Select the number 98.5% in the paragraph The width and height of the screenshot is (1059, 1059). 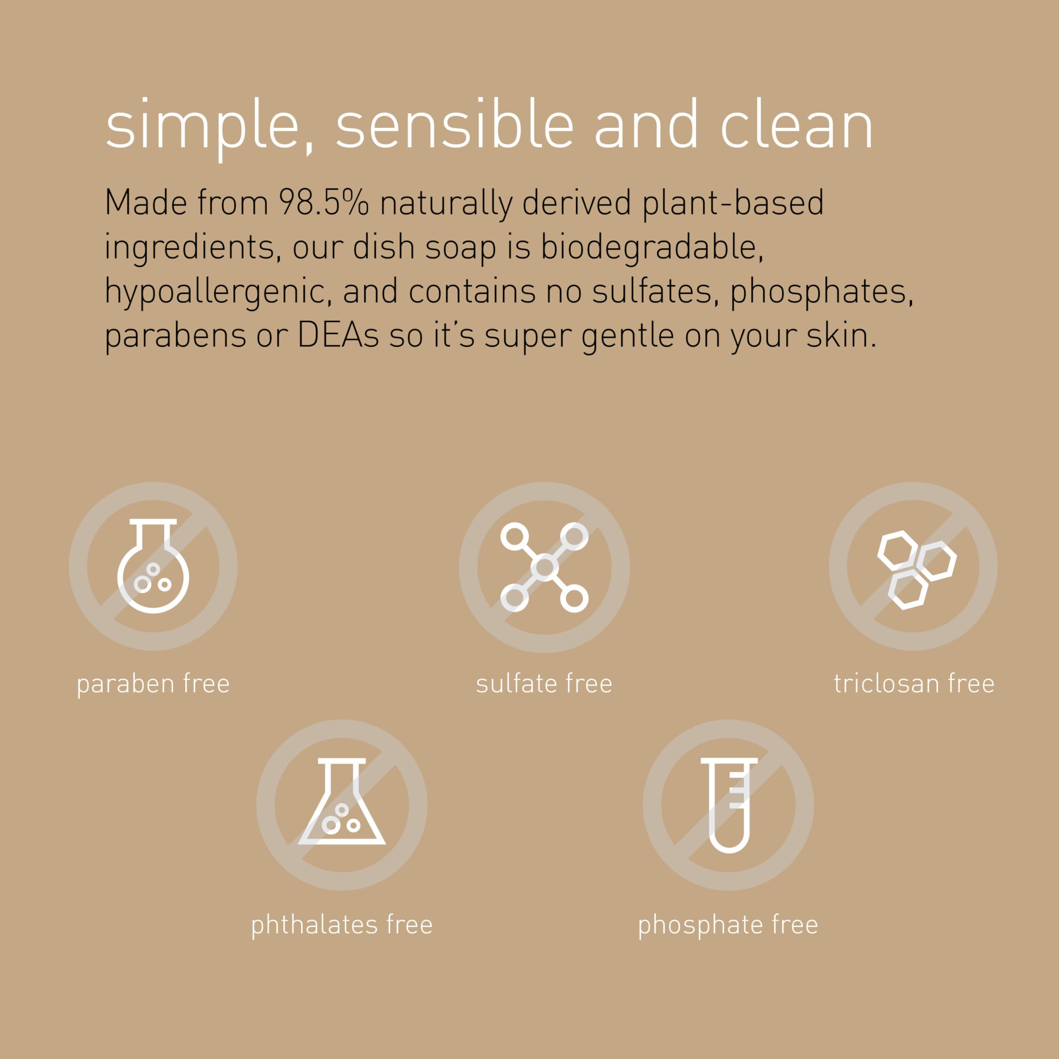point(324,203)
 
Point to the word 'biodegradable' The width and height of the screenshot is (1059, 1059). point(651,247)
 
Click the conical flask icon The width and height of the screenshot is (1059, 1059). point(342,802)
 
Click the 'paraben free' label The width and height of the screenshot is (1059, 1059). point(153,683)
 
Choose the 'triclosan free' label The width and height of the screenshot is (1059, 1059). point(914,683)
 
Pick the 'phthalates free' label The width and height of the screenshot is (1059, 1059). point(342,925)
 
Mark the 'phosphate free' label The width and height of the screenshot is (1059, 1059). point(728,925)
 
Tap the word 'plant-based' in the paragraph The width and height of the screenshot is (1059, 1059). point(733,203)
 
